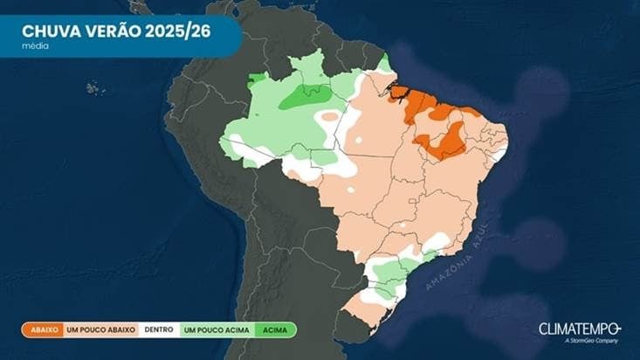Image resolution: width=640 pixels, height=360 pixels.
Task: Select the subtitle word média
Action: pos(36,45)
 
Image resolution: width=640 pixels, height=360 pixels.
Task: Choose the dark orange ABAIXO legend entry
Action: pos(44,330)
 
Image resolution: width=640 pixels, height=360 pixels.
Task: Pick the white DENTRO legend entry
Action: pos(159,330)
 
